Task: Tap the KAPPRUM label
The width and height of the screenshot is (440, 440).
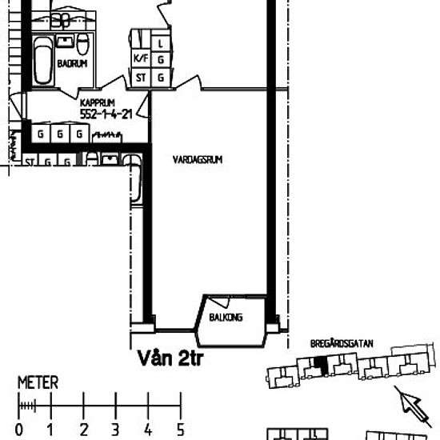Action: click(95, 103)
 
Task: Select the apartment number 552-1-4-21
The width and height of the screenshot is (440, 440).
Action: click(106, 114)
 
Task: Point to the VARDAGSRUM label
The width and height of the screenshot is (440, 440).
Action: click(196, 160)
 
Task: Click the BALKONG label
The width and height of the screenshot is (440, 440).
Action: click(226, 318)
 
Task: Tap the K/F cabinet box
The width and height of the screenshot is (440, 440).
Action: click(142, 59)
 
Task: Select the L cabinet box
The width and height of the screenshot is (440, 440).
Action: click(162, 42)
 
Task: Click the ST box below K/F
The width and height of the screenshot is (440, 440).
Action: click(141, 77)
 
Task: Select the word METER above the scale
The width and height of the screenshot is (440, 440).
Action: click(38, 383)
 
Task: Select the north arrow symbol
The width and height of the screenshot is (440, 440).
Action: click(410, 400)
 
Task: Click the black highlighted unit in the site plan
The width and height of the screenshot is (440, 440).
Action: click(321, 365)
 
